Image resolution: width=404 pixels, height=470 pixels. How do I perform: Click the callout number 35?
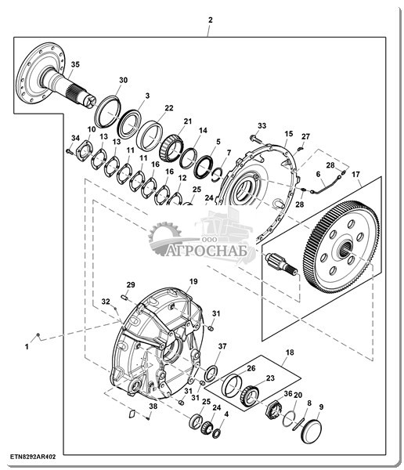[x=75, y=64]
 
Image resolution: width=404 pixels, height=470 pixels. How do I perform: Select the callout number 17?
[x=355, y=174]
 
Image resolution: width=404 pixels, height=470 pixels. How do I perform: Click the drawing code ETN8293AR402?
[x=33, y=457]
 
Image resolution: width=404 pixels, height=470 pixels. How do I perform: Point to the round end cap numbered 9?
[x=311, y=431]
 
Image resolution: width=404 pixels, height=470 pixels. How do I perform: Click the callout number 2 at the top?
[x=211, y=20]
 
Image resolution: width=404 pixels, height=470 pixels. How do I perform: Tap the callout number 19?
[x=193, y=281]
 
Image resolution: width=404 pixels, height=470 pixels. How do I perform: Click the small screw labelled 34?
[x=70, y=152]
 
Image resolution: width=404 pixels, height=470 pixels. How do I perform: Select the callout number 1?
[x=27, y=347]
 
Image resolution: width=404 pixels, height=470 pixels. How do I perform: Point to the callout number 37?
[x=222, y=346]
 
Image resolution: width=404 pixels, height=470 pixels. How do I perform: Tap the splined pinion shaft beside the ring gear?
[x=281, y=264]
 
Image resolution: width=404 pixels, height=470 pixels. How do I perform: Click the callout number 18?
[x=290, y=352]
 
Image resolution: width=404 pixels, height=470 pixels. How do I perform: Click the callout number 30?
[x=123, y=80]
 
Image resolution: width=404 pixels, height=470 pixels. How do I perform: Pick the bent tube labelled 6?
[x=323, y=186]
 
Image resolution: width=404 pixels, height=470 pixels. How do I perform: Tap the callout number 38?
[x=153, y=407]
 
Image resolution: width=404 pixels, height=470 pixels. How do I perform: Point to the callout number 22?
[x=169, y=108]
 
